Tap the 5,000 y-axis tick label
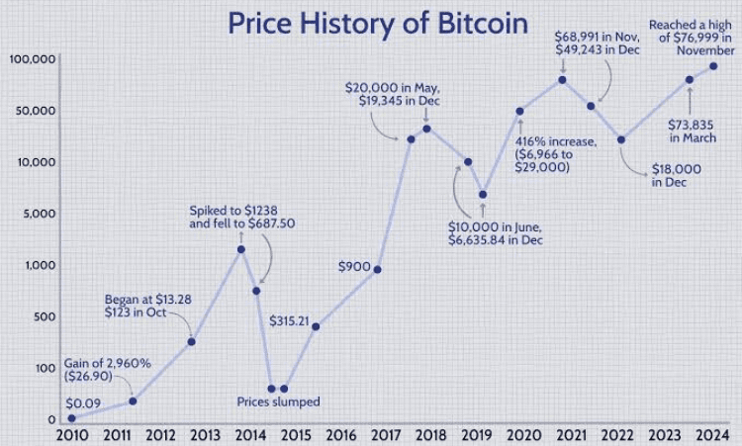click(39, 214)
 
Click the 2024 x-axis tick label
click(712, 435)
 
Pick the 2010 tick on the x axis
click(71, 435)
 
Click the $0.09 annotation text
click(82, 403)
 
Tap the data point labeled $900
click(378, 270)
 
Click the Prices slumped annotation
click(279, 401)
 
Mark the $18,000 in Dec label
click(678, 175)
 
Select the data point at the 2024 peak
click(713, 66)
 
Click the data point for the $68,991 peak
click(562, 80)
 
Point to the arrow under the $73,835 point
click(689, 99)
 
